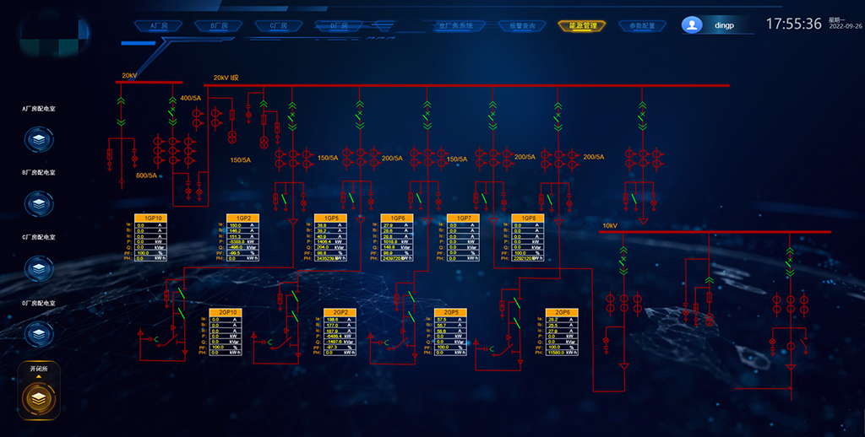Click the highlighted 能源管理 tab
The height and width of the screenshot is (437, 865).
coord(581,26)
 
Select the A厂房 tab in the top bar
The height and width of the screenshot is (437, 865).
coord(160,26)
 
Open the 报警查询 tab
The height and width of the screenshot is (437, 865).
coord(522,26)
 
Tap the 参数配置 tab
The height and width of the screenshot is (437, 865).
coord(642,26)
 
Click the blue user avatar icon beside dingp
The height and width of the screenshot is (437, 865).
coord(693,25)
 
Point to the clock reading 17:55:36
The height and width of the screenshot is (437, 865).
coord(793,24)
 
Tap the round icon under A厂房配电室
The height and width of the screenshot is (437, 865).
coord(38,138)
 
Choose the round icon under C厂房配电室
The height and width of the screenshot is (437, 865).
coord(38,267)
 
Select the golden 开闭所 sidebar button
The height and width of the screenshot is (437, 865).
coord(38,395)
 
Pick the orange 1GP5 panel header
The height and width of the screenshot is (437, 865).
coord(332,218)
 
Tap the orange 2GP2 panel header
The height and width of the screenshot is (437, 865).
coord(340,312)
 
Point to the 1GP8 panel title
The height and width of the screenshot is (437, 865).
coord(529,218)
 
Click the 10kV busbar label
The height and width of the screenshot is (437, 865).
coord(610,225)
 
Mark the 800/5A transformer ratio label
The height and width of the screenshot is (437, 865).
coord(146,175)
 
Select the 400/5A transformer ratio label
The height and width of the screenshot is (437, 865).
coord(191,98)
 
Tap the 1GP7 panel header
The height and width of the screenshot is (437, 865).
coord(463,218)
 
